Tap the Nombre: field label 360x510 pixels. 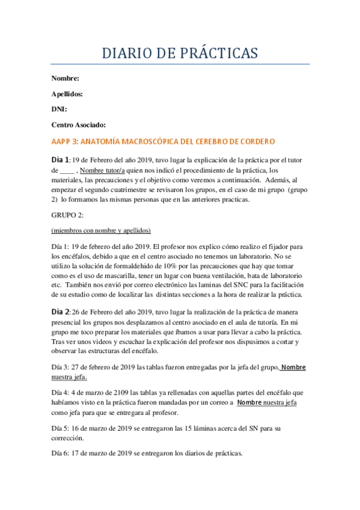tap(65, 78)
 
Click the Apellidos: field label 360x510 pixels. tap(67, 94)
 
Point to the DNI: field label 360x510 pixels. tap(59, 109)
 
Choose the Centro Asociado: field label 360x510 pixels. tap(79, 125)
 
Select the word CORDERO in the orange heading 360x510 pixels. tap(257, 142)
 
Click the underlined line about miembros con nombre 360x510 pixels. tap(101, 230)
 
